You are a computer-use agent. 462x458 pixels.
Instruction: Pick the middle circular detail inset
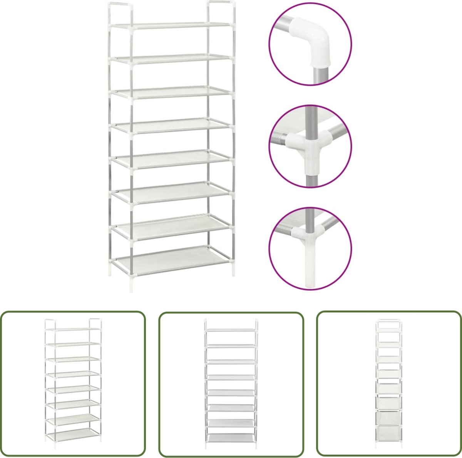(x=310, y=146)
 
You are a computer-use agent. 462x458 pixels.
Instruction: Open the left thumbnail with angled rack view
(x=73, y=384)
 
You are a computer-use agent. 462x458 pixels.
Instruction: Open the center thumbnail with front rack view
(x=231, y=384)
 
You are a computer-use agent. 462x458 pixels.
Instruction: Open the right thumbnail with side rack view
(x=389, y=384)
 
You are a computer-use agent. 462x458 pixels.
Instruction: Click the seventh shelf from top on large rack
(x=171, y=225)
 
